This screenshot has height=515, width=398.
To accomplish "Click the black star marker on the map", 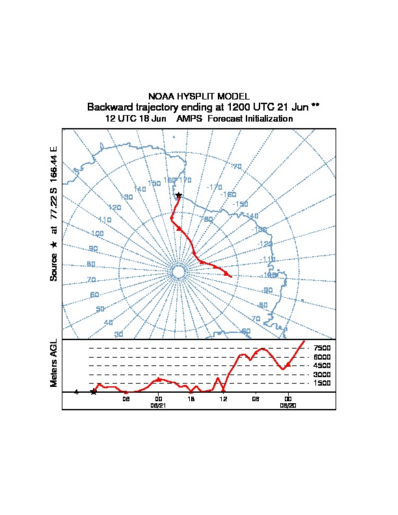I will (x=178, y=195).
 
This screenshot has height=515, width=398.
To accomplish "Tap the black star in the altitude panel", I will (x=94, y=391).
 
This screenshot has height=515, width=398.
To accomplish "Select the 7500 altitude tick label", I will (x=322, y=348).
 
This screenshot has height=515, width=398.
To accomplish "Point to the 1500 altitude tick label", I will (x=322, y=383).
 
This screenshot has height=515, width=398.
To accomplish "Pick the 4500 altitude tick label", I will (x=322, y=365).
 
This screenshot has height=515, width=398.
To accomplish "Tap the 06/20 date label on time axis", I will (x=287, y=404).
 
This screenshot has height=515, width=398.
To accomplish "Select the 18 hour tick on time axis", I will (x=191, y=398).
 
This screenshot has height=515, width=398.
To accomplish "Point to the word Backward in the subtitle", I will (x=110, y=107).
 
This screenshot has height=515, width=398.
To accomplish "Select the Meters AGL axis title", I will (x=54, y=363).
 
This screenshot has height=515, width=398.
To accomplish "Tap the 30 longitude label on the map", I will (x=119, y=334).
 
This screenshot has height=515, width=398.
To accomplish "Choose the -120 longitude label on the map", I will (x=265, y=244).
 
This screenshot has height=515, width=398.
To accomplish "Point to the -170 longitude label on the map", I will (x=214, y=187).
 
